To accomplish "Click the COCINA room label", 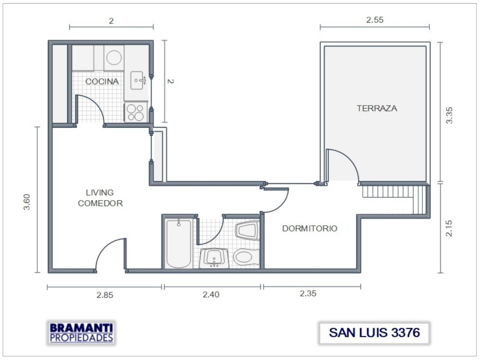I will (102, 81).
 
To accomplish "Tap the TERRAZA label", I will (377, 108).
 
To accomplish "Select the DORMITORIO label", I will (310, 228).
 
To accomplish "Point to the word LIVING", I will (100, 192).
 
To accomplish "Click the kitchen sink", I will (137, 80).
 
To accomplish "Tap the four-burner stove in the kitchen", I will (136, 112).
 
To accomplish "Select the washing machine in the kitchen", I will (114, 58).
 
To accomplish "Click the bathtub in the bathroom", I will (179, 243).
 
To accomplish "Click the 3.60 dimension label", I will (27, 202).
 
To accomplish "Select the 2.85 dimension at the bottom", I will (105, 295).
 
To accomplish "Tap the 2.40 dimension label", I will (211, 295).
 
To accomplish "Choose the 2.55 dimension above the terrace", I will (375, 20).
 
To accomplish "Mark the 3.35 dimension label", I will (449, 115).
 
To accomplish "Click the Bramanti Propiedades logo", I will (81, 333).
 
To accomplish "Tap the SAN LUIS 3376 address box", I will (374, 333).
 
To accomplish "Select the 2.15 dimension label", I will (449, 228).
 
